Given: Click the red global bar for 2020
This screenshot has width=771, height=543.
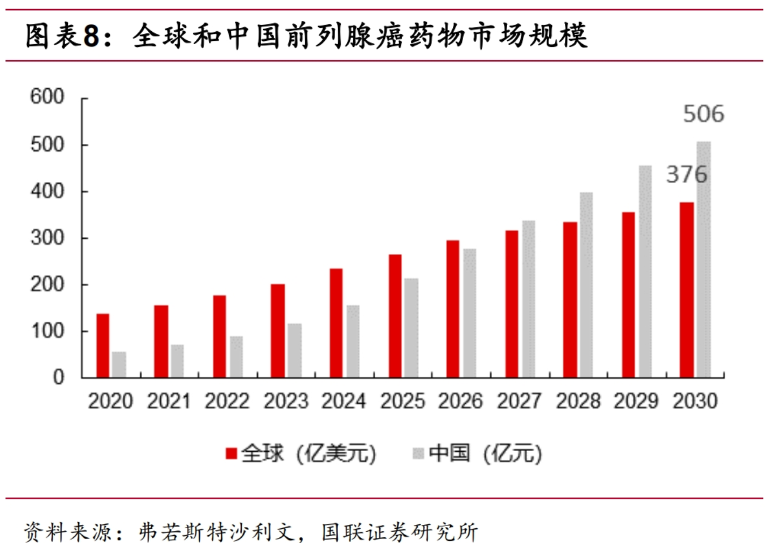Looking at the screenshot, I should (102, 346).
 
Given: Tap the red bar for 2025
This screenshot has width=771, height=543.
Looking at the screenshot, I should (395, 316).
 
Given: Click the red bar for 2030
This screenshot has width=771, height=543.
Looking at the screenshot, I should (687, 290).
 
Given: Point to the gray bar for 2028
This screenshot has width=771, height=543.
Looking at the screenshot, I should (586, 285).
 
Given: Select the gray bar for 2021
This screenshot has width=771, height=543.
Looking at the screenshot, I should (177, 361).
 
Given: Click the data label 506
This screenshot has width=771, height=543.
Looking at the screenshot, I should (703, 114).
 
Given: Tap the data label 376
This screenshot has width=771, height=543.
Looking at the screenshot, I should (686, 174).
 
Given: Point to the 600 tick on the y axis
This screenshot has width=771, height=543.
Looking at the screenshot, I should (47, 96).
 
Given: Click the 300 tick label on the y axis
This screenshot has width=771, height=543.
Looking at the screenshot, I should (47, 237).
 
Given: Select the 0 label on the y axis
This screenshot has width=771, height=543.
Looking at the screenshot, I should (58, 377).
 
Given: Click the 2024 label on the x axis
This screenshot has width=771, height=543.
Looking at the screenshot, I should (344, 401).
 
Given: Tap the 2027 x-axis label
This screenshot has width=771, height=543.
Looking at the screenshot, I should (519, 401).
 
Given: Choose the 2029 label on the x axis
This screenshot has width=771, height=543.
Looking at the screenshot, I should (636, 401).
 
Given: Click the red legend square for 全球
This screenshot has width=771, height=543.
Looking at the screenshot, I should (231, 453).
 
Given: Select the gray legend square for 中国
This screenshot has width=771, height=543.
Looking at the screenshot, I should (418, 453).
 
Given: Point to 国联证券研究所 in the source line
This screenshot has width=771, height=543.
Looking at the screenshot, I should (400, 532).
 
